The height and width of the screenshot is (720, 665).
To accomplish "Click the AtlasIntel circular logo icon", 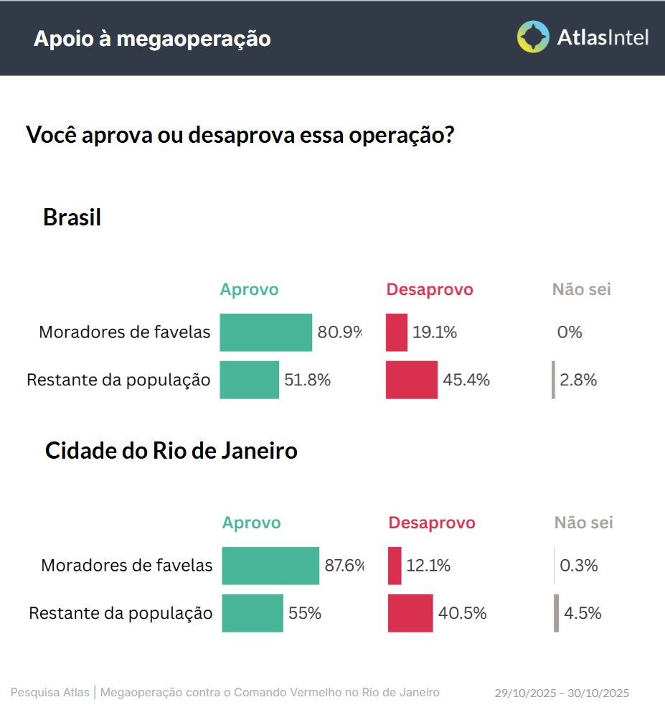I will click(533, 37).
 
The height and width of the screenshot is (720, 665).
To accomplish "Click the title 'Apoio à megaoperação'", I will click(152, 39).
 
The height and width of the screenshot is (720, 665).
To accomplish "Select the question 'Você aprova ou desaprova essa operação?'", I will click(240, 134).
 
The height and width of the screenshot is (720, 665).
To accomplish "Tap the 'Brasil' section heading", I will click(72, 217).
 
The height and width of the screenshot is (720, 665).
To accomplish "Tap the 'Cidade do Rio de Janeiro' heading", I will click(171, 451).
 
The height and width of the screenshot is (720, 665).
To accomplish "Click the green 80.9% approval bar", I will click(265, 332).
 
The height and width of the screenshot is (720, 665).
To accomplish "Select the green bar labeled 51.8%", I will click(249, 380).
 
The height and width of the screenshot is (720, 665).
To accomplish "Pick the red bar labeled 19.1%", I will click(397, 332).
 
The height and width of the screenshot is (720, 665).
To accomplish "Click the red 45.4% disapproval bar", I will click(412, 380).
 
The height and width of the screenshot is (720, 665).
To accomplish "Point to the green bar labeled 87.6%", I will click(270, 566).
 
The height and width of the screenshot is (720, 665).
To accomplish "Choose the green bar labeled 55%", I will click(253, 613).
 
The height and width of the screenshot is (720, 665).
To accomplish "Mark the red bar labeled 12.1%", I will click(395, 566).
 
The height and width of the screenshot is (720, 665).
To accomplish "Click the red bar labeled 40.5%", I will click(410, 613).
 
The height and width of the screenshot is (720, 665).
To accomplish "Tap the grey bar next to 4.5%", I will click(556, 613).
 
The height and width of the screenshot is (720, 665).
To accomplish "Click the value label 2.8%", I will click(578, 380).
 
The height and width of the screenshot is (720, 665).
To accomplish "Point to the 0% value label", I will click(570, 332).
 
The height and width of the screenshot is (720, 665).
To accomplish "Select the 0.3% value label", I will click(579, 566).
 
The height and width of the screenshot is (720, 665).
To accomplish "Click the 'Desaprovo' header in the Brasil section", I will click(430, 289).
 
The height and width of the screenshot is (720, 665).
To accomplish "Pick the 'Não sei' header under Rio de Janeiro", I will click(583, 523).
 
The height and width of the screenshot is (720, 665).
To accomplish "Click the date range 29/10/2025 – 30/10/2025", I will click(562, 693).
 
